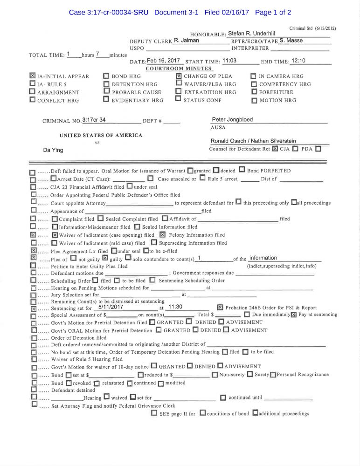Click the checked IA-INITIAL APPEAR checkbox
point(32,76)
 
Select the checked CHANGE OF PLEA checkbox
point(179,76)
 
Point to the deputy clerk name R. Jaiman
point(187,41)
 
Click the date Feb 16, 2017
point(164,61)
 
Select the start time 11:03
point(229,61)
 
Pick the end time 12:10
point(298,61)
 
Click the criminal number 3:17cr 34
point(94,120)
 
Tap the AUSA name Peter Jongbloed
point(232,120)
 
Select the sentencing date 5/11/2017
point(111,307)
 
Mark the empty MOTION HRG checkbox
point(254,100)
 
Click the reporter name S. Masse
point(291,41)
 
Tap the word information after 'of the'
point(263,258)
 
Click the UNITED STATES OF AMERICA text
point(101,135)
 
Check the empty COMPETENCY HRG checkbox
point(254,84)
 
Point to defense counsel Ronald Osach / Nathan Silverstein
point(253,141)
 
